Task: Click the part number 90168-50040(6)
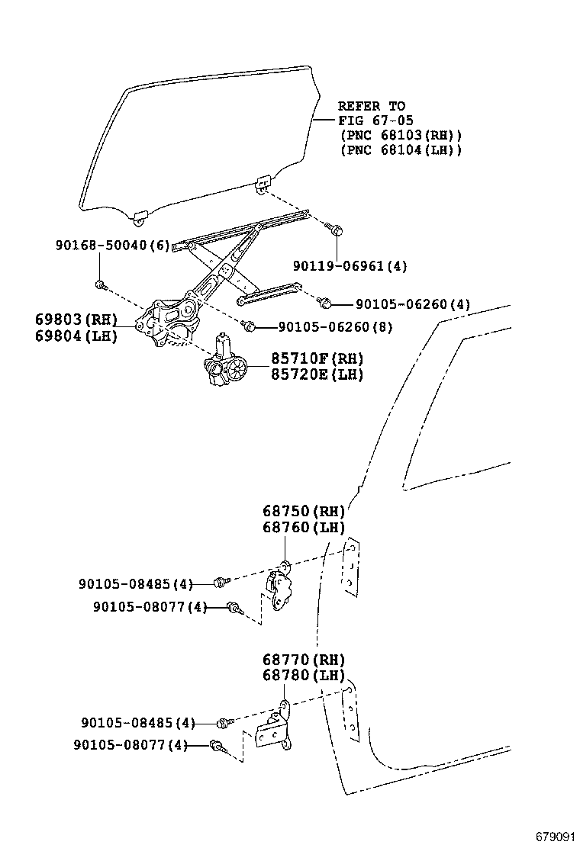pos(111,246)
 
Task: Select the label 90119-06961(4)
pos(350,266)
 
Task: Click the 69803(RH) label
pos(76,319)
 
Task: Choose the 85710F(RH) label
pos(317,358)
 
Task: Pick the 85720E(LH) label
pos(317,374)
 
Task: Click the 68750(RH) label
pos(304,511)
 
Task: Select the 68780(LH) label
pos(304,676)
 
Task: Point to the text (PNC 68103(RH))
pos(400,136)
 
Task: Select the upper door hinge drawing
pos(279,588)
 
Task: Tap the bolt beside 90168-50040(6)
pos(100,285)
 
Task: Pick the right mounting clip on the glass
pos(263,184)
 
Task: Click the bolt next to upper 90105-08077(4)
pos(234,607)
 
